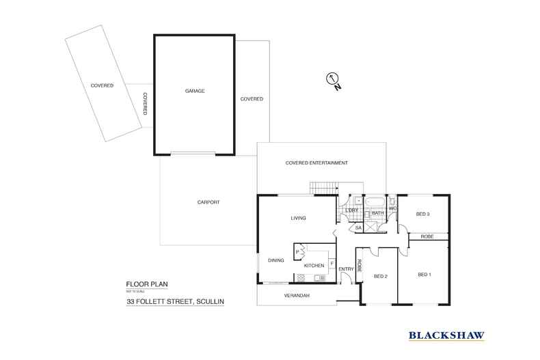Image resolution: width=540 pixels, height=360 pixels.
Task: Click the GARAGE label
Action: tap(195, 91)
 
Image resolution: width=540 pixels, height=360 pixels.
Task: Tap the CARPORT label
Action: tap(208, 202)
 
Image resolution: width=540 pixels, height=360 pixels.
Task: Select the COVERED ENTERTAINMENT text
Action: tap(316, 163)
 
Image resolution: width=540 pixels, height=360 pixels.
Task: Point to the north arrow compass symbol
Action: tap(334, 81)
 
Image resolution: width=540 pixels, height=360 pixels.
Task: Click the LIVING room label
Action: tap(298, 218)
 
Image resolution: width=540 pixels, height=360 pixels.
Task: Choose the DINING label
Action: tap(275, 260)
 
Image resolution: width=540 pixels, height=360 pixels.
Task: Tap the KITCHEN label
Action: tap(314, 265)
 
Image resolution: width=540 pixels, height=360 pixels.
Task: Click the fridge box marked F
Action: tap(332, 262)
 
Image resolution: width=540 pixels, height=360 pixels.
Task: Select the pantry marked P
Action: tap(298, 252)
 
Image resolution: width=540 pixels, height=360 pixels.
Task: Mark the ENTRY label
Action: tap(346, 268)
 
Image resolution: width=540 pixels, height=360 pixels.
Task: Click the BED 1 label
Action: tap(424, 274)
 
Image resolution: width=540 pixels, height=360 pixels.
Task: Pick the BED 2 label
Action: tap(381, 276)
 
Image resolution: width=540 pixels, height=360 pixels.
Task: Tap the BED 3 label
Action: tap(422, 214)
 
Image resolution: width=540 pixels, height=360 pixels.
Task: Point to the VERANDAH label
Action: tap(297, 295)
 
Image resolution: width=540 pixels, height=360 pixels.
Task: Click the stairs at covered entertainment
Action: tap(324, 188)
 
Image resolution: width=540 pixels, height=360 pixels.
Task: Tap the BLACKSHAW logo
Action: tap(446, 335)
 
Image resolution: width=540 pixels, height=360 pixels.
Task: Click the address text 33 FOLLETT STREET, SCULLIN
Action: tap(175, 301)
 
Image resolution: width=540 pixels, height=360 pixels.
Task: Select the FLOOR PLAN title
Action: tap(141, 284)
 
